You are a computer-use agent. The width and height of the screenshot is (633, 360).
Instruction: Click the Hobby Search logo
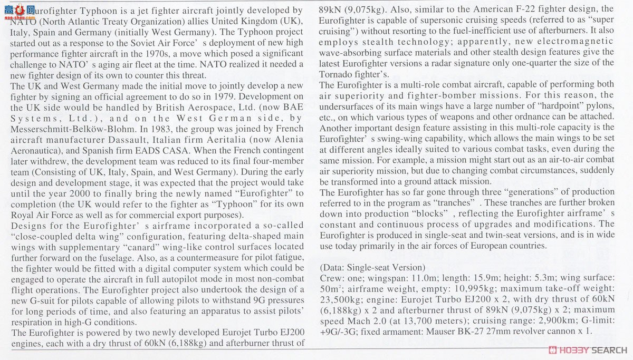587,350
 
